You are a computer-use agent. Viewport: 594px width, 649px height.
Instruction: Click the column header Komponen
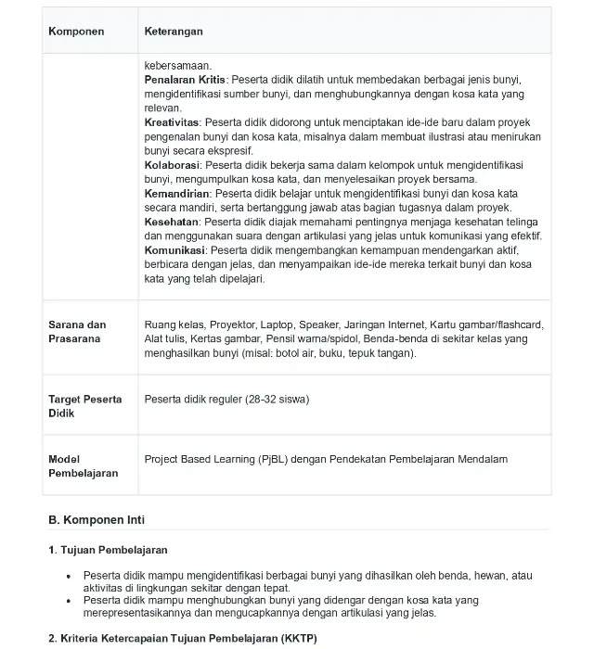[x=76, y=32]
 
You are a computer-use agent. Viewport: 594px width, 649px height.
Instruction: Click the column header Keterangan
[x=174, y=32]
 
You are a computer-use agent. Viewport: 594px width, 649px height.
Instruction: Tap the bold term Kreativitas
[x=173, y=122]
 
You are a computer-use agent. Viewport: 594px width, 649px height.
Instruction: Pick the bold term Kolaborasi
[x=174, y=165]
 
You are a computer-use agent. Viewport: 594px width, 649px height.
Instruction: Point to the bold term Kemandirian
[x=177, y=194]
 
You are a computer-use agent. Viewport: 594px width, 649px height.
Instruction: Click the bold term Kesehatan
[x=173, y=223]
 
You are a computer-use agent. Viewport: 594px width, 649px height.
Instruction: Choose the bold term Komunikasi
[x=176, y=250]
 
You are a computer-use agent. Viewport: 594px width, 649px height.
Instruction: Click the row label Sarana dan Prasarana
[x=77, y=332]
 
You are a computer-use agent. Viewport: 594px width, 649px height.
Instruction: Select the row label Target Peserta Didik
[x=84, y=406]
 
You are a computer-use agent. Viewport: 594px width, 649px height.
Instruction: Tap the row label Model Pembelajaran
[x=83, y=465]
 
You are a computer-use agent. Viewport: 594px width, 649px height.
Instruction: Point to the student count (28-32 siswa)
[x=278, y=400]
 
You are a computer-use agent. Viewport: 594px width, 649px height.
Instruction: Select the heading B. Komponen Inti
[x=97, y=519]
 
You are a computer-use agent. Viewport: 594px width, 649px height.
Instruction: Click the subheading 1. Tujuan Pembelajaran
[x=108, y=550]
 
